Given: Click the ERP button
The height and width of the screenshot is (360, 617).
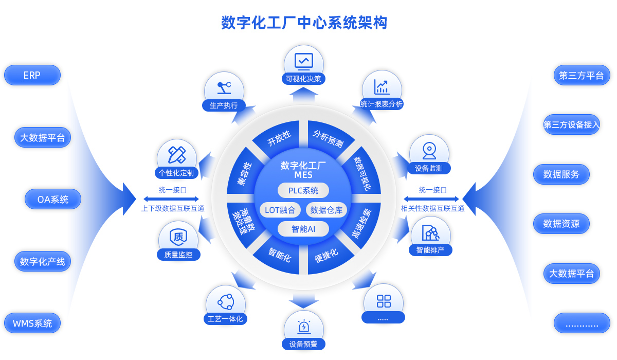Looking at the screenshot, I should tap(32, 75).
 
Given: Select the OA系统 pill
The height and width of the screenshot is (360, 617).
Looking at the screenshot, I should tap(53, 200).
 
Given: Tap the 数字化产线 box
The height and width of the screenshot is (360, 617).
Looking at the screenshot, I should tap(43, 261).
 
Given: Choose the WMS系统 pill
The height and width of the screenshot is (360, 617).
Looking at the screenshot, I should tap(32, 323).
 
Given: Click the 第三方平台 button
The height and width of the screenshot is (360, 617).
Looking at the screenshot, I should tap(582, 76).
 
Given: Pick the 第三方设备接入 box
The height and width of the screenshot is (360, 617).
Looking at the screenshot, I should tap(572, 124).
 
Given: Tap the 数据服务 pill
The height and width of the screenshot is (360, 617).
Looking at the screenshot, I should tap(561, 174).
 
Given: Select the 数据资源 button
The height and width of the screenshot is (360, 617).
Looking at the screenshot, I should tap(561, 224).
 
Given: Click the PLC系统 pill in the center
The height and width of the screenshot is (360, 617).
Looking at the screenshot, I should tap(303, 190).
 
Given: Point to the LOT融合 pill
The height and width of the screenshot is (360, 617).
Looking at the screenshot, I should tap(280, 210).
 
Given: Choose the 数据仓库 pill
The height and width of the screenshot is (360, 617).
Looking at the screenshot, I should tap(326, 210).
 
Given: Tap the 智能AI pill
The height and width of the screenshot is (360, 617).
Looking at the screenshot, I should tap(303, 229).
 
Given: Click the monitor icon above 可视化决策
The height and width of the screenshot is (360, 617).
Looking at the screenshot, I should tap(304, 61).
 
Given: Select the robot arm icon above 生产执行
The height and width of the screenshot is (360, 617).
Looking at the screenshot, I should tap(224, 87).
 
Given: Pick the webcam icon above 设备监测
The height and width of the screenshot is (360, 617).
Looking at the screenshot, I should tap(429, 150).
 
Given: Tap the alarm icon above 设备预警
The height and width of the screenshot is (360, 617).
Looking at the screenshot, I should tap(304, 326).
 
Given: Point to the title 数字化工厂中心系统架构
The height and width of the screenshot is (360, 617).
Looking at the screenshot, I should tap(304, 23).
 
